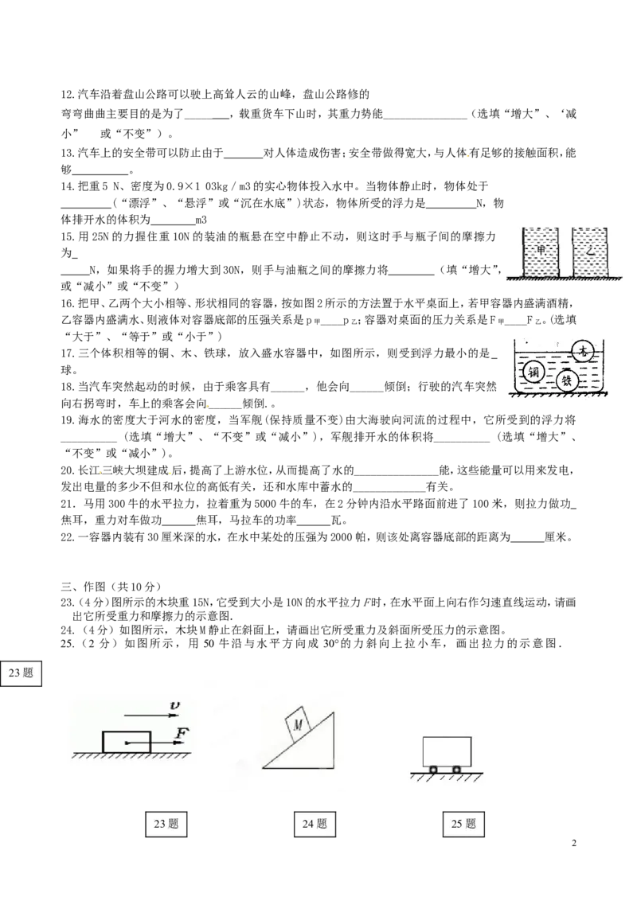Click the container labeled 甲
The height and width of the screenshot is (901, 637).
(x=540, y=252)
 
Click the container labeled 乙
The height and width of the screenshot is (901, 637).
(x=590, y=252)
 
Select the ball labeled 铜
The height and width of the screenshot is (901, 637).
(x=533, y=372)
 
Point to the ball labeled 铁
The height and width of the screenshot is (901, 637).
(x=567, y=380)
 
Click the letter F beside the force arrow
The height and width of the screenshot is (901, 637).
(x=182, y=733)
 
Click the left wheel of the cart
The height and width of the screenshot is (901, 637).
(x=433, y=770)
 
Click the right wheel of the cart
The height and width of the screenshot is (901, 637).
(x=456, y=770)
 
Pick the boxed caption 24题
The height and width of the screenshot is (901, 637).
(x=315, y=824)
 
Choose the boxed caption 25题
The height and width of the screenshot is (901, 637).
(x=463, y=824)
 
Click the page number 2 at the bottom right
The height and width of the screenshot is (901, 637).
(x=574, y=843)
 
